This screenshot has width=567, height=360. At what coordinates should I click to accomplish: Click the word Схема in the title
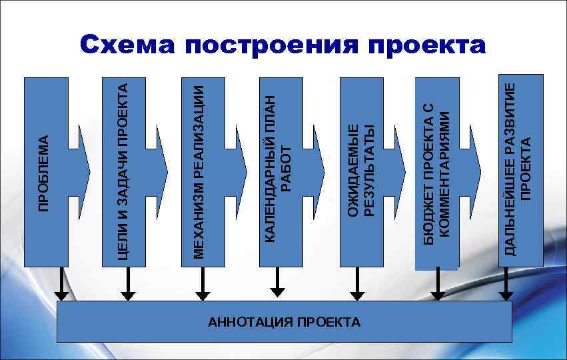pyautogui.click(x=126, y=45)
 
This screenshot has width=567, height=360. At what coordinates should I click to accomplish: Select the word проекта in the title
pyautogui.click(x=426, y=45)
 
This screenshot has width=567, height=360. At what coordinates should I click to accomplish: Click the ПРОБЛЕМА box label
pyautogui.click(x=44, y=173)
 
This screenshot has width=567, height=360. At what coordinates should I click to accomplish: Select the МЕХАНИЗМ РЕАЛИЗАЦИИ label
pyautogui.click(x=198, y=169)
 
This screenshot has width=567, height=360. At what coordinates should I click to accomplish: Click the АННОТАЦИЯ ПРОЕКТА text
pyautogui.click(x=284, y=322)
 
